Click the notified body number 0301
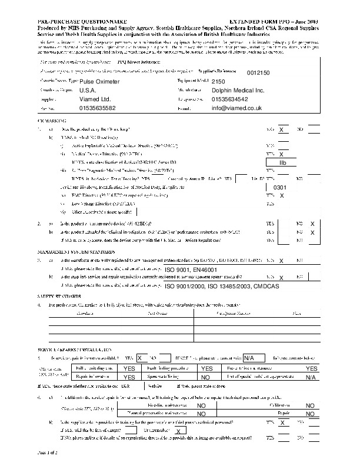pos(280,187)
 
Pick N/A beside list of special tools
pos(311,377)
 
